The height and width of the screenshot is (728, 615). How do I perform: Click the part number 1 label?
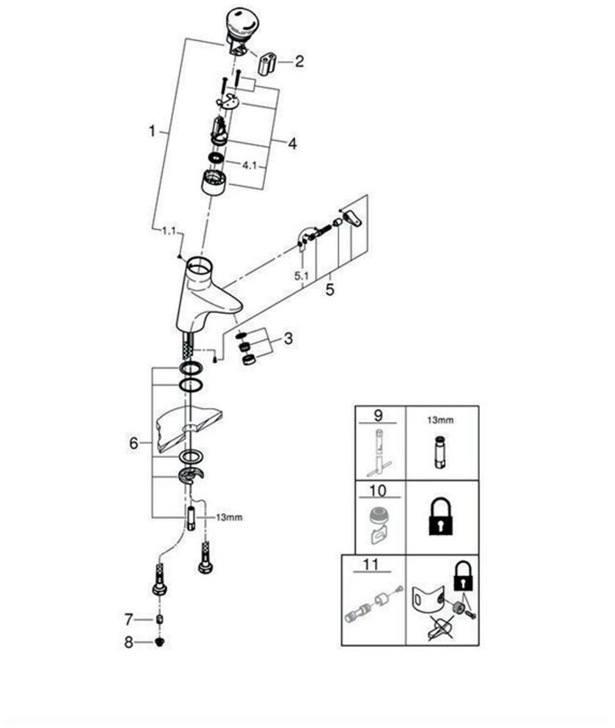coord(152,131)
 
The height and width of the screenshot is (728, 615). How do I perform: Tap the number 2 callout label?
coord(299,62)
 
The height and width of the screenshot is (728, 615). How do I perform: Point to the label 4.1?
coord(250,165)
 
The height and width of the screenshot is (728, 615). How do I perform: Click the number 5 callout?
coord(330,290)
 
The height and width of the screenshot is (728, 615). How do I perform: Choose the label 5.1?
coord(301,276)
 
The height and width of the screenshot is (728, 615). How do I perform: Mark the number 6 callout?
coord(133,443)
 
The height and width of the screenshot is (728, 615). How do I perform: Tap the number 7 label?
coord(128,619)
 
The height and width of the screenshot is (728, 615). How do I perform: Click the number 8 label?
coord(128,642)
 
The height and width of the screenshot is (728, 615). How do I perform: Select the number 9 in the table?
coord(378,415)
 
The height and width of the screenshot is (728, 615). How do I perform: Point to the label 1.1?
coord(169,231)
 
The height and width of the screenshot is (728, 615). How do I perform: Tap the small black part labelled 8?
coord(161,643)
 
